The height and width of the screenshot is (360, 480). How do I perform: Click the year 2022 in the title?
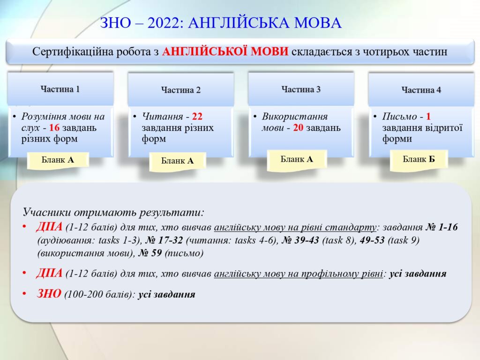click(x=165, y=23)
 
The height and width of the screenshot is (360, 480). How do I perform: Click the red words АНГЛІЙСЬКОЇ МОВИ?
click(x=225, y=52)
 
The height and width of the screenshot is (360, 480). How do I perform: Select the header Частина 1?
click(x=60, y=89)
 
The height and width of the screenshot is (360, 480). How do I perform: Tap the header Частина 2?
click(x=180, y=90)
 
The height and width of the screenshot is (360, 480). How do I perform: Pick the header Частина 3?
click(x=301, y=90)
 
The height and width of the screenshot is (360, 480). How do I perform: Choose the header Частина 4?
click(x=421, y=90)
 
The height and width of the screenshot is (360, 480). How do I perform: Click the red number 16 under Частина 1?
click(x=54, y=127)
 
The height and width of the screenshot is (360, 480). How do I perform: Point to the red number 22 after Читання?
click(x=197, y=116)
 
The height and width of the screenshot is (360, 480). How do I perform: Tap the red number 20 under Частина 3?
click(x=298, y=127)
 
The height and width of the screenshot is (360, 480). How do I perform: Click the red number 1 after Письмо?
click(x=428, y=116)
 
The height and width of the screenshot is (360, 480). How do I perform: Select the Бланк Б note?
click(x=419, y=159)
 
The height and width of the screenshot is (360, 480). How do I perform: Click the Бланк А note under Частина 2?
click(x=178, y=161)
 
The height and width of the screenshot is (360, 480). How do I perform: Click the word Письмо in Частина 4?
click(x=399, y=116)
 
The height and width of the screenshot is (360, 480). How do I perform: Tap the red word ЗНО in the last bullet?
click(x=49, y=293)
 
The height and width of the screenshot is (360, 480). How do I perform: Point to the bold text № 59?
click(x=150, y=253)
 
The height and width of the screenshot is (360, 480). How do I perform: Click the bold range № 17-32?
click(x=164, y=240)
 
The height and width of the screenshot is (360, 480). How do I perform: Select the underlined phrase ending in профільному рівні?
click(x=299, y=273)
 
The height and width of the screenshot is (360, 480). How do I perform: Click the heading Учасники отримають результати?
click(x=113, y=212)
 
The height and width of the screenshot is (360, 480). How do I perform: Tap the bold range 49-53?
click(x=372, y=240)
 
